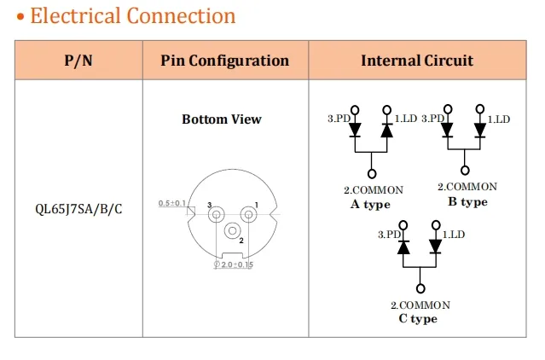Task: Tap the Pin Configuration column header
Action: point(225,61)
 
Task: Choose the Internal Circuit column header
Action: point(417,61)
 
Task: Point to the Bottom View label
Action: point(222,119)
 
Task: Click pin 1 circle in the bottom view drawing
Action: point(248,215)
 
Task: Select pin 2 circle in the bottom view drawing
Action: point(232,231)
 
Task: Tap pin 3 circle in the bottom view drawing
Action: point(216,215)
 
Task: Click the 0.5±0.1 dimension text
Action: point(173,203)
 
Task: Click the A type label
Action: point(370,205)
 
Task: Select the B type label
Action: point(467,202)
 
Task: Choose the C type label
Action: point(418,319)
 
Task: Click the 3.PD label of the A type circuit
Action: point(339,119)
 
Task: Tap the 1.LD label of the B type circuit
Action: point(498,119)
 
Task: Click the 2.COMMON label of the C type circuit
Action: point(420,305)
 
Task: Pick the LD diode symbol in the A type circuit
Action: point(386,131)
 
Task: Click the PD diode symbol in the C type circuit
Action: point(404,247)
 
